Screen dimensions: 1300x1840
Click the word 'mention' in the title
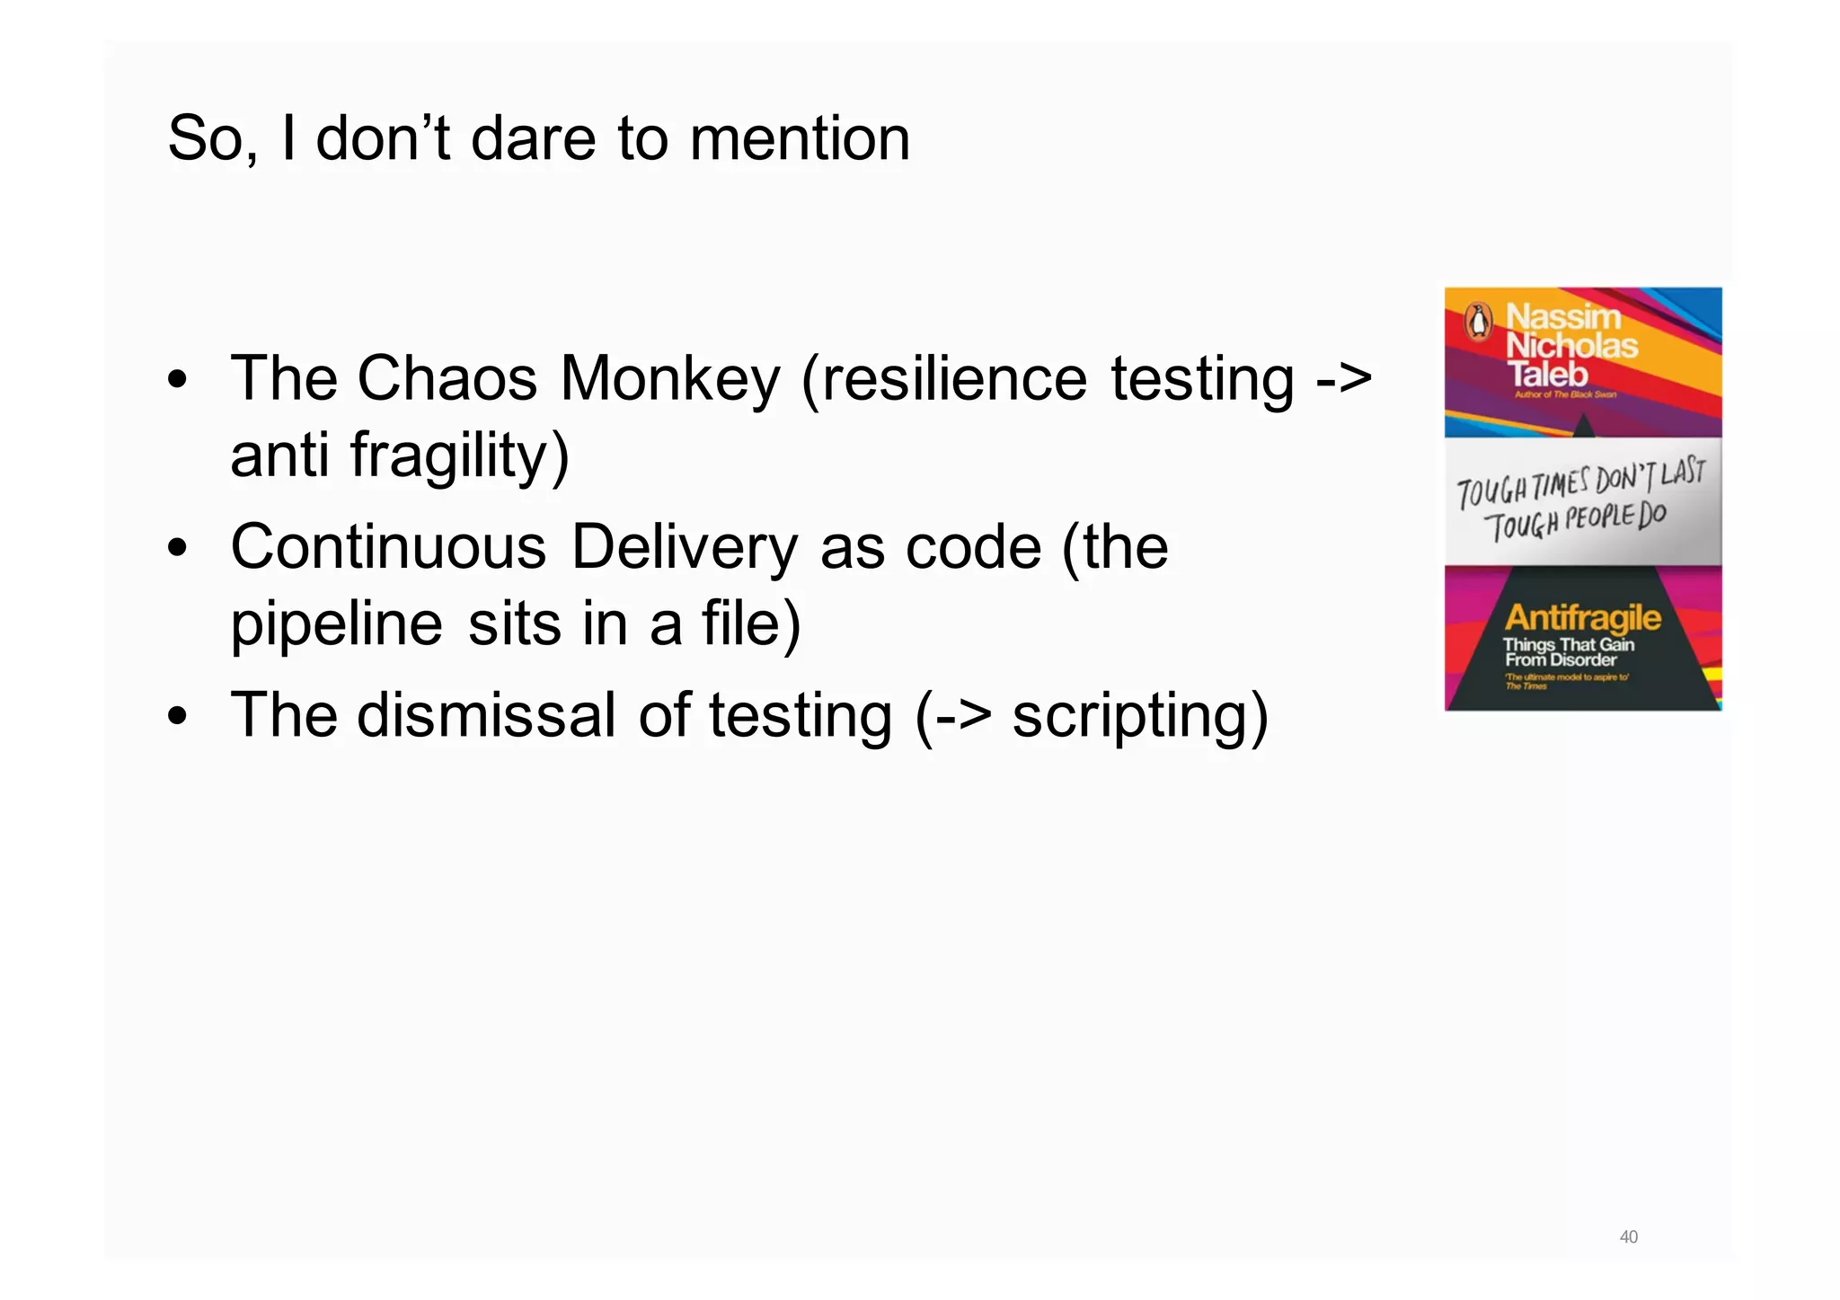800,139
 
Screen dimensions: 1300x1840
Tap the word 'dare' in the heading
533,139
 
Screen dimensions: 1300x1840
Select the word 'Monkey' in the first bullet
670,379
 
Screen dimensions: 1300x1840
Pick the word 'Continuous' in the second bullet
388,547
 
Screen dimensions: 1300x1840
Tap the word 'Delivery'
685,547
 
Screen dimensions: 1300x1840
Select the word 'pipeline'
336,624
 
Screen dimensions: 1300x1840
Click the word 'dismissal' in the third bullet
486,716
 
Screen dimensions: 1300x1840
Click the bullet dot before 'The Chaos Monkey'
178,380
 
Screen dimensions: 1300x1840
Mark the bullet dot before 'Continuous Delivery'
178,548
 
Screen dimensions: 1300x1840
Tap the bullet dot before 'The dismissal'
178,717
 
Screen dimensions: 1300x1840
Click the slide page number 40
1628,1237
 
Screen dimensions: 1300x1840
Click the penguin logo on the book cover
1478,322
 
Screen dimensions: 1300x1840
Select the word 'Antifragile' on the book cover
1582,617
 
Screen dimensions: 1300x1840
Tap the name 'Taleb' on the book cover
1547,374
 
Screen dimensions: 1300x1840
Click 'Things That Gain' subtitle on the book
1568,644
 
